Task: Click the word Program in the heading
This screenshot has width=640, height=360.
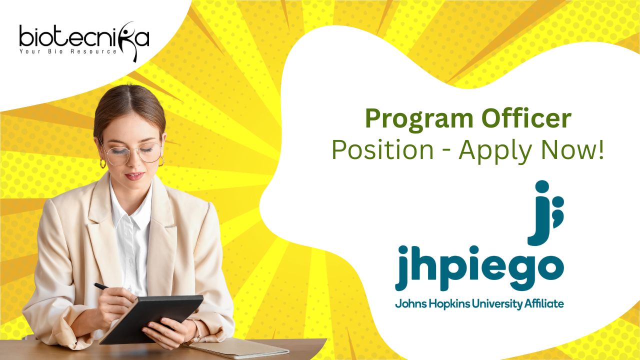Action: click(x=419, y=120)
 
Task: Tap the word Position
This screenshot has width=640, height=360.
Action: click(x=383, y=150)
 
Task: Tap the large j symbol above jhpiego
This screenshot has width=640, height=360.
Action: click(x=545, y=213)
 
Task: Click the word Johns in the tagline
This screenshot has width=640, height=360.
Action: click(x=410, y=303)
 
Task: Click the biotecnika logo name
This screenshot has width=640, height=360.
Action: click(x=84, y=38)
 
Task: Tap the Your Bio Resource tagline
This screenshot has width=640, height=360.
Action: click(x=68, y=51)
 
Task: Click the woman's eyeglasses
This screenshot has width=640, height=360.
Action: click(x=133, y=153)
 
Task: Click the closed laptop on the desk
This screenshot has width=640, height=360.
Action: click(x=236, y=348)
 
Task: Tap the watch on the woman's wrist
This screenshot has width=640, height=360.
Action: click(x=197, y=331)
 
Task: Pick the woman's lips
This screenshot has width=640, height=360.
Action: click(x=134, y=176)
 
